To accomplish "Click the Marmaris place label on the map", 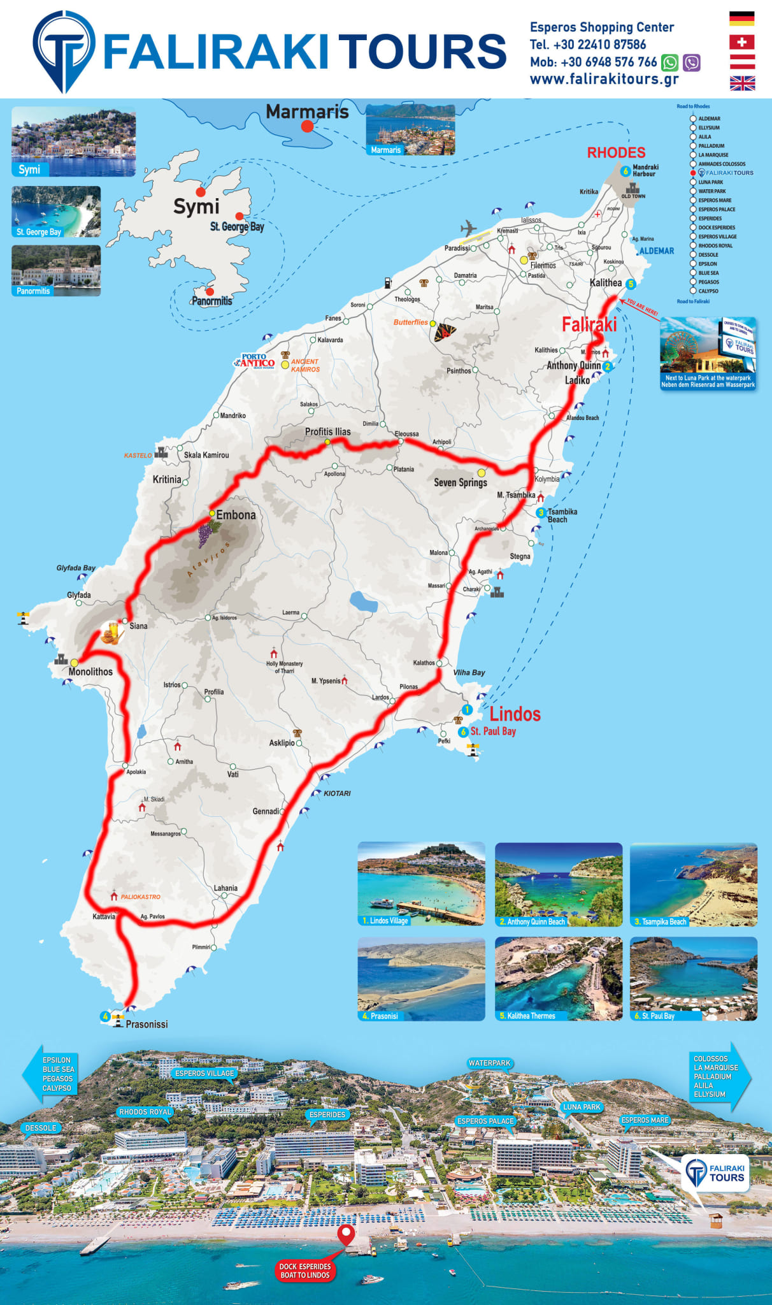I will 307,112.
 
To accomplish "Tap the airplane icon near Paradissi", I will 468,228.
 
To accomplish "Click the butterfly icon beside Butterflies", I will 445,332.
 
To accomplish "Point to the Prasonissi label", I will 147,1024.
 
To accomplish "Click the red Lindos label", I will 515,714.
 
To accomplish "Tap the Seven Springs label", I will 461,482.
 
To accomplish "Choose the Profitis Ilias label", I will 327,431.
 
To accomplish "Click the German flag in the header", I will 741,18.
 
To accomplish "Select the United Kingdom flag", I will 741,83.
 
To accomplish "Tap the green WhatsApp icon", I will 669,62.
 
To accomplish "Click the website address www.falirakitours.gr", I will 604,79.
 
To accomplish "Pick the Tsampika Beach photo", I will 693,884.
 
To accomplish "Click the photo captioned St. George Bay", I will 56,212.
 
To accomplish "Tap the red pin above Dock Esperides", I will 346,1234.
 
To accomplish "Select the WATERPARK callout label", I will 489,1063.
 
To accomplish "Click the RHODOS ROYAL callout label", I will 145,1112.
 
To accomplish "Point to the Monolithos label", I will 90,672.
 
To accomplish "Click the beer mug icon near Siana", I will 111,633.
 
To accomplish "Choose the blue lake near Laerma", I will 363,602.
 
